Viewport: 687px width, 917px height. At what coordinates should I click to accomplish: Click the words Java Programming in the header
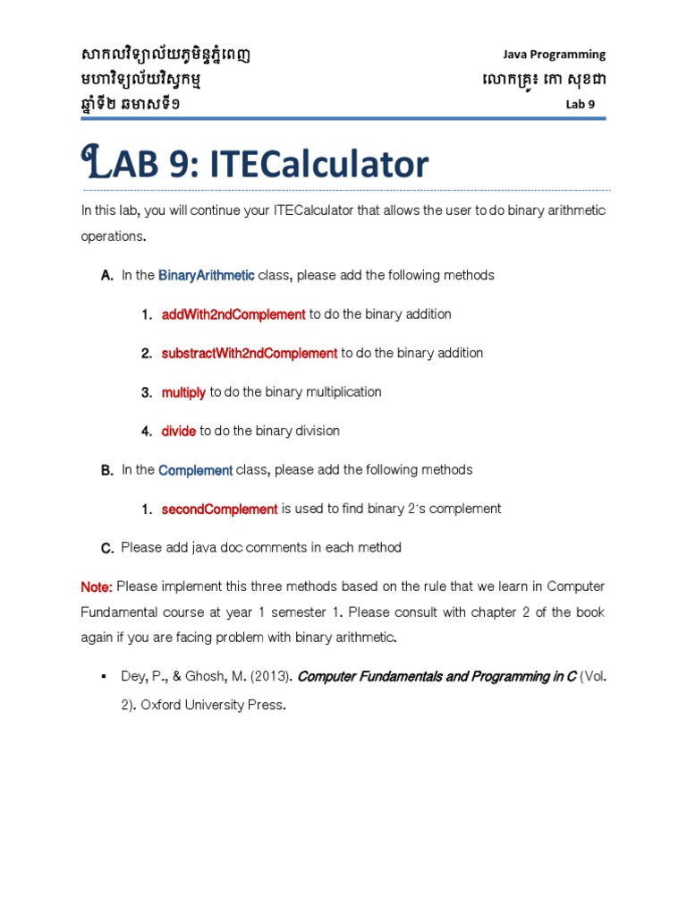pos(555,55)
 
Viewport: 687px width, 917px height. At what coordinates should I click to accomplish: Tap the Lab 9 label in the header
pos(580,104)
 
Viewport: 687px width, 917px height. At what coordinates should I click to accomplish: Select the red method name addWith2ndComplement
pos(233,314)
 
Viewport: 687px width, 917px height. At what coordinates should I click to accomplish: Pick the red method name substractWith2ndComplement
pos(250,353)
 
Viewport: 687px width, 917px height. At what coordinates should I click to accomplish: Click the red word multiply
pos(183,392)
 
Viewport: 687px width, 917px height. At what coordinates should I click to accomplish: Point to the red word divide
pos(179,431)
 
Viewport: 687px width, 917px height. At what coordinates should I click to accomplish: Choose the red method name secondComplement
pos(219,509)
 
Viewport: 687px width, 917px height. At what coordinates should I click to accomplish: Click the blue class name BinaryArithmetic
pos(207,275)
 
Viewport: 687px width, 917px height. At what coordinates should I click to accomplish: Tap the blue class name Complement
pos(195,470)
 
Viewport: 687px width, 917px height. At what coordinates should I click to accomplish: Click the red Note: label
pos(97,587)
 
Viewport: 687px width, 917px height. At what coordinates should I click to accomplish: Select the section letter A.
pos(106,276)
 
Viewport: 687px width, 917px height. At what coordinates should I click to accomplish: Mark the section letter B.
pos(106,470)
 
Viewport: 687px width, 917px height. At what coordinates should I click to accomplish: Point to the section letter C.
pos(106,548)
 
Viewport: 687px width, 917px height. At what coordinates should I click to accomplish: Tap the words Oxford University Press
pos(213,705)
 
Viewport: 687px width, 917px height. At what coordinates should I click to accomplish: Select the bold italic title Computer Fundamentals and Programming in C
pos(437,677)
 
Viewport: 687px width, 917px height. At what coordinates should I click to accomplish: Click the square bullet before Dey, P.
pos(105,676)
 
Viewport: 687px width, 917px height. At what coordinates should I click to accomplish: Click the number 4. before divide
pos(146,432)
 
